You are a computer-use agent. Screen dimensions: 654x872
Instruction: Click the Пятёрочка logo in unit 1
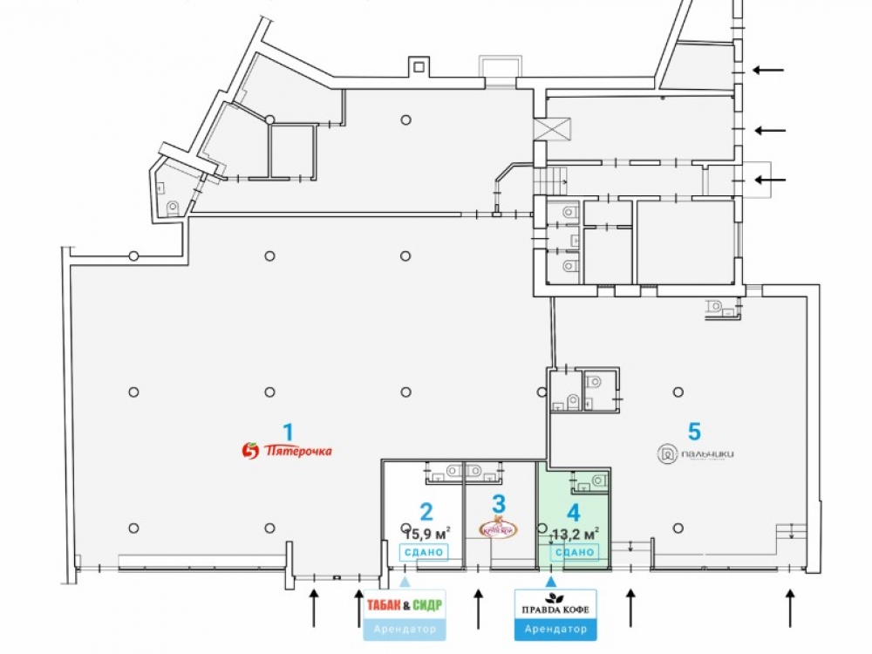pyautogui.click(x=287, y=451)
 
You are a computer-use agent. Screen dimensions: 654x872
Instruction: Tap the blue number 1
pyautogui.click(x=288, y=430)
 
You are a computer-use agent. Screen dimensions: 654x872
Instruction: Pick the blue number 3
pyautogui.click(x=499, y=503)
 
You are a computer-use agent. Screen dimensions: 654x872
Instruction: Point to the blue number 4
pyautogui.click(x=573, y=513)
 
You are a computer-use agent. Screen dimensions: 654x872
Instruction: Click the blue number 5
pyautogui.click(x=694, y=431)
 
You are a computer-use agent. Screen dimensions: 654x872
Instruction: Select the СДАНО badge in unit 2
pyautogui.click(x=424, y=552)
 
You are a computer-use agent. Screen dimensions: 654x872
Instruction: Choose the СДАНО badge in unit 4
pyautogui.click(x=574, y=552)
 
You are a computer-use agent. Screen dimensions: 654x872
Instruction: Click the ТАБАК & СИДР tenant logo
pyautogui.click(x=405, y=604)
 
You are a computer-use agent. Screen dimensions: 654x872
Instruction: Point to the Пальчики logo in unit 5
pyautogui.click(x=697, y=453)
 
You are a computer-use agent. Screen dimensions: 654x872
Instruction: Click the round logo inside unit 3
pyautogui.click(x=499, y=527)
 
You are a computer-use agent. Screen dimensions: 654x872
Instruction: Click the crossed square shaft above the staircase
pyautogui.click(x=551, y=129)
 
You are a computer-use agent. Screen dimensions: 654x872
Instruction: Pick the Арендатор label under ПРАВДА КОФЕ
pyautogui.click(x=550, y=629)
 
